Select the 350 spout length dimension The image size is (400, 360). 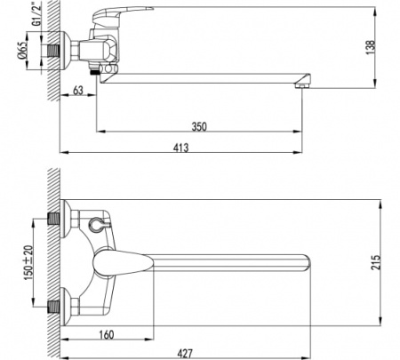[x=199, y=127]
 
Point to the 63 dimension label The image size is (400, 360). [x=77, y=90]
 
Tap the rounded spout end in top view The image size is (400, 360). [x=307, y=263]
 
